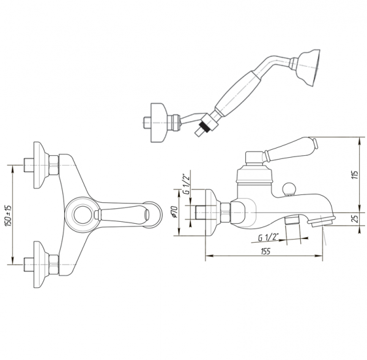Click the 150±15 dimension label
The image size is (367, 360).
[9, 215]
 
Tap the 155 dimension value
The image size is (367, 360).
[265, 251]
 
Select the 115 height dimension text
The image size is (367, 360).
[356, 175]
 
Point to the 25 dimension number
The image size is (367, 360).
[355, 219]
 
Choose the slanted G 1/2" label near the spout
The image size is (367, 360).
[269, 237]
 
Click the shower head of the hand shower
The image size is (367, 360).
[308, 68]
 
